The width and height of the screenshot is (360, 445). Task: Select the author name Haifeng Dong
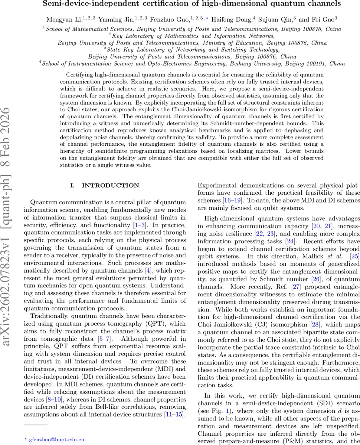[235, 19]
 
